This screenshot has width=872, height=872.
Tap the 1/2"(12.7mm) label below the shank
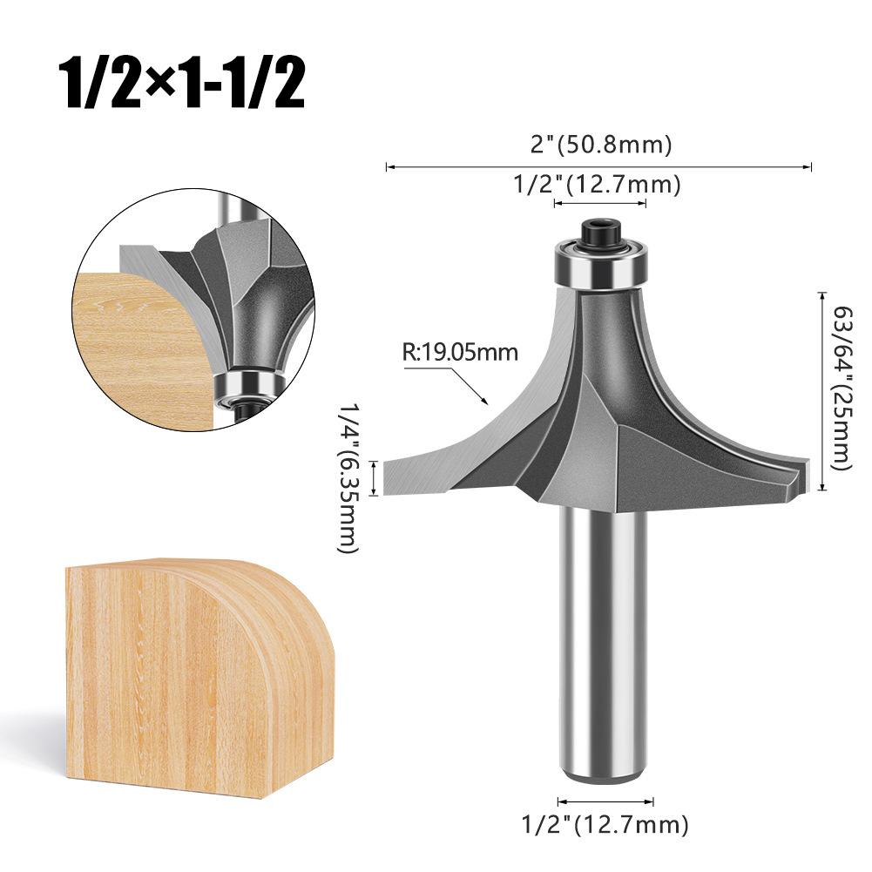(x=605, y=822)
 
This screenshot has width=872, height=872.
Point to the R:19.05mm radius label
(x=459, y=354)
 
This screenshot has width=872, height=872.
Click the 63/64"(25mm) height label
(x=842, y=388)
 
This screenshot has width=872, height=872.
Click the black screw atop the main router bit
(x=601, y=232)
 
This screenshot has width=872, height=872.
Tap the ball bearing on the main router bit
(x=601, y=267)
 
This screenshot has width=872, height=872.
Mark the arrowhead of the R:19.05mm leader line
(x=484, y=402)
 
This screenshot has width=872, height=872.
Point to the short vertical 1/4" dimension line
(x=375, y=477)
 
